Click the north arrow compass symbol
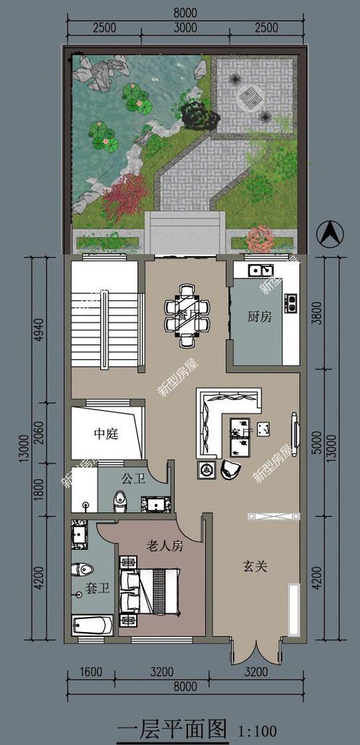329,233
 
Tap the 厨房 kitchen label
259,317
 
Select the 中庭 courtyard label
106,434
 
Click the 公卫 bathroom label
132,478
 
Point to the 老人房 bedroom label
165,546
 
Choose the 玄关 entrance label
253,567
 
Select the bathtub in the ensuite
92,625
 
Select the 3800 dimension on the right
319,313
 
